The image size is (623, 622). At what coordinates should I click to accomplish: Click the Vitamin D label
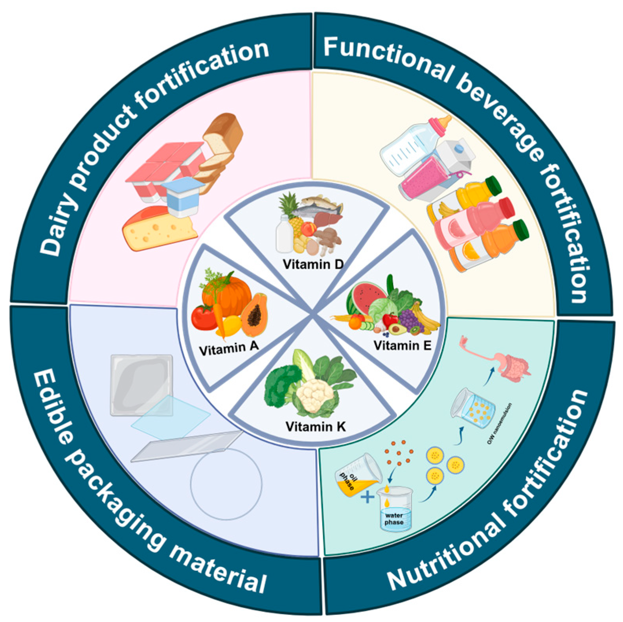[x=313, y=264]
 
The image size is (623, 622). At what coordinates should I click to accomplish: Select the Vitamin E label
[x=402, y=346]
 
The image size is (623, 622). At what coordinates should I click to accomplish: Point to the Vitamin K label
[x=316, y=426]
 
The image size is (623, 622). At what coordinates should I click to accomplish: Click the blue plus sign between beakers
[x=368, y=497]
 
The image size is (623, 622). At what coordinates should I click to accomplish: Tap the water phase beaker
[x=394, y=509]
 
